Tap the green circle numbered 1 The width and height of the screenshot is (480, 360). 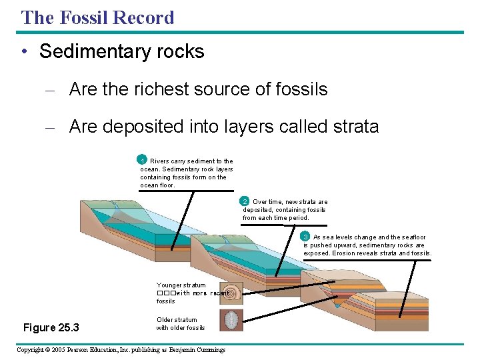coord(142,160)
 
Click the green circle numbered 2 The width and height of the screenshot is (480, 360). coord(245,201)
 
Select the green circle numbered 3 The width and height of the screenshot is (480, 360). coord(305,237)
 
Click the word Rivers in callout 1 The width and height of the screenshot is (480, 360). coord(159,161)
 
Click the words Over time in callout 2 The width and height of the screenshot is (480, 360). coord(267,202)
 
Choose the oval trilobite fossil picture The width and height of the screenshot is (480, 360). coord(231,320)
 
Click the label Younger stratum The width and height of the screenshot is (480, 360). coord(181,285)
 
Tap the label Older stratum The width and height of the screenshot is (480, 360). coord(177,320)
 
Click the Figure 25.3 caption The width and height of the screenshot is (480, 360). coord(51,327)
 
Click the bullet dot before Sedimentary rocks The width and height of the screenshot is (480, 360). coord(24,52)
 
